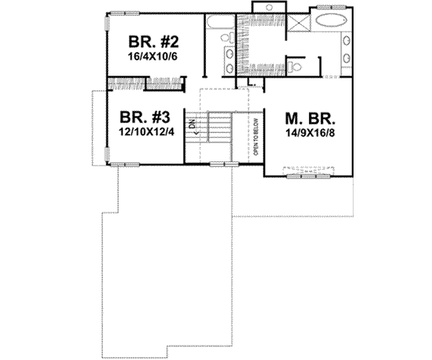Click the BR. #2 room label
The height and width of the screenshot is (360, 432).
150,40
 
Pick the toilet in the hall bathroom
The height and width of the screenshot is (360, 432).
222,40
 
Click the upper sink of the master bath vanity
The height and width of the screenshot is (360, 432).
345,39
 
